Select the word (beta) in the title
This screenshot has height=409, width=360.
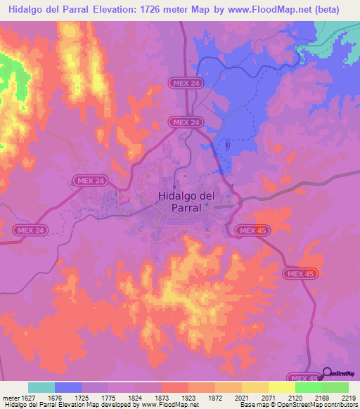coord(325,10)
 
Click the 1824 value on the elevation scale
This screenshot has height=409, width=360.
coord(135,398)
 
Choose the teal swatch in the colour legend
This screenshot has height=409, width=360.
coord(41,387)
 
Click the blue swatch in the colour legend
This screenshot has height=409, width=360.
coord(68,387)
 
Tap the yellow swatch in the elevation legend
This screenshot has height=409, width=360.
coord(282,387)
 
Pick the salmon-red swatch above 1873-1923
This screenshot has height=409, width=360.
coord(175,387)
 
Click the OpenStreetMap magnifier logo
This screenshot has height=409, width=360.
coord(328,372)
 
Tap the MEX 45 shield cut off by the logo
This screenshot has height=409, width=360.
coord(304,378)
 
